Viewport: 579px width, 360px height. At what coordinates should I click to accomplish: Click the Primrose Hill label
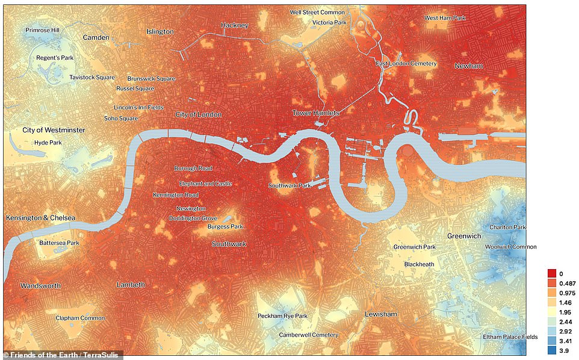coord(43,30)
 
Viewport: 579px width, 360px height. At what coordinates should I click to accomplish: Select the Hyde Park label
coord(48,143)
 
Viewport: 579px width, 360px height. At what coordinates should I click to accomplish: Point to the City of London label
coord(199,114)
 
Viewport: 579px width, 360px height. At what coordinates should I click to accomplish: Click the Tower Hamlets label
coord(316,113)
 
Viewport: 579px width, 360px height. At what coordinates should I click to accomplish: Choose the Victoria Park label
coord(329,22)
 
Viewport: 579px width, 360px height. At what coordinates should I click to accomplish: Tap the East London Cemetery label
coord(406,63)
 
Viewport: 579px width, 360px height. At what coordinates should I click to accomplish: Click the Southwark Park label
coord(289,185)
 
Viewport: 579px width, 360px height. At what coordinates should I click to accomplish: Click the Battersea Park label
coord(59,243)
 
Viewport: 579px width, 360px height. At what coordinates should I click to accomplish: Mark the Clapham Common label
coord(80,318)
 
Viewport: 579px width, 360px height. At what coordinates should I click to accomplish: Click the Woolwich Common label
coord(510,247)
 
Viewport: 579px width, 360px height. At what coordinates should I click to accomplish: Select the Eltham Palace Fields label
coord(510,337)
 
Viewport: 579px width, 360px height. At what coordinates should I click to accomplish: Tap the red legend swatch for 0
coord(552,273)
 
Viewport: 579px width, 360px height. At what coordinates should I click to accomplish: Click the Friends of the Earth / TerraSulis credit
coord(63,354)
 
